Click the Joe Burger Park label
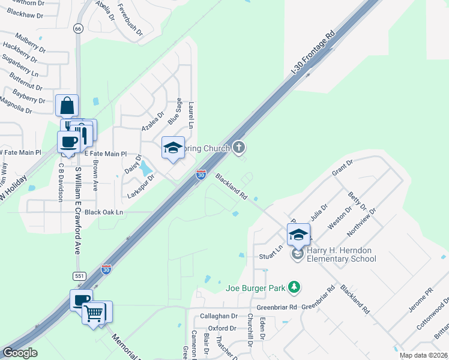click(255, 288)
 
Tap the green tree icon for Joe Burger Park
click(294, 287)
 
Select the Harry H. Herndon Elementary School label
click(341, 254)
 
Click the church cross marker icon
click(239, 147)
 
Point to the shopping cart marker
click(94, 312)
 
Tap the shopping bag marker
click(67, 106)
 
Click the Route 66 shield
click(78, 28)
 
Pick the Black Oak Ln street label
click(103, 212)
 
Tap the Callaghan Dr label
click(219, 316)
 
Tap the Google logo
click(20, 353)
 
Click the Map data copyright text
click(423, 356)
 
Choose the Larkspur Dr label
click(141, 186)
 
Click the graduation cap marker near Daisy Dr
click(172, 148)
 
